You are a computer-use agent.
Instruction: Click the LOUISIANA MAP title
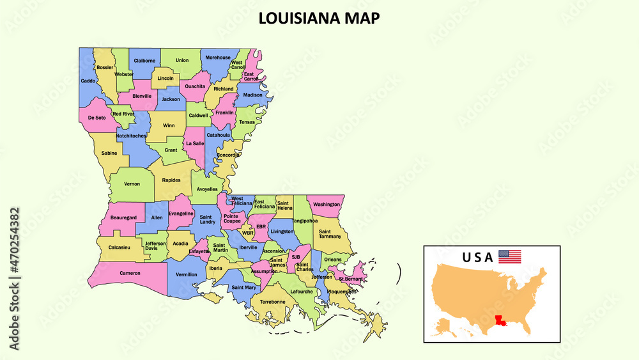click(319, 18)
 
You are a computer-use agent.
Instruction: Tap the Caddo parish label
click(88, 81)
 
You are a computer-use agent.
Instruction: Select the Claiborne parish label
click(144, 61)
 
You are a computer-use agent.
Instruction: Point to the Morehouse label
click(218, 58)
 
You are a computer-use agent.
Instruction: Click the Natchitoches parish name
click(131, 136)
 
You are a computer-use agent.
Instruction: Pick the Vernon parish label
click(132, 184)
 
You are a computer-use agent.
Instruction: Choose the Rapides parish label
click(171, 180)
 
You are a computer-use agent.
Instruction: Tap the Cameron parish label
click(130, 273)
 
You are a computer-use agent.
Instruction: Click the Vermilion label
click(186, 274)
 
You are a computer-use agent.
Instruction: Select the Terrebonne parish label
click(272, 301)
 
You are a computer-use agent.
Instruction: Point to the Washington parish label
click(327, 205)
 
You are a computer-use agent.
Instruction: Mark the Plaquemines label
click(341, 292)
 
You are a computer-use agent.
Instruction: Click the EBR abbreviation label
click(261, 226)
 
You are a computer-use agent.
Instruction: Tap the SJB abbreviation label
click(295, 257)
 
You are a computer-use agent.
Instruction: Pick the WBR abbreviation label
click(247, 233)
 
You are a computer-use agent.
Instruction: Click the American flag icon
click(509, 256)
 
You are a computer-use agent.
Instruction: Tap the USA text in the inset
click(477, 257)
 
